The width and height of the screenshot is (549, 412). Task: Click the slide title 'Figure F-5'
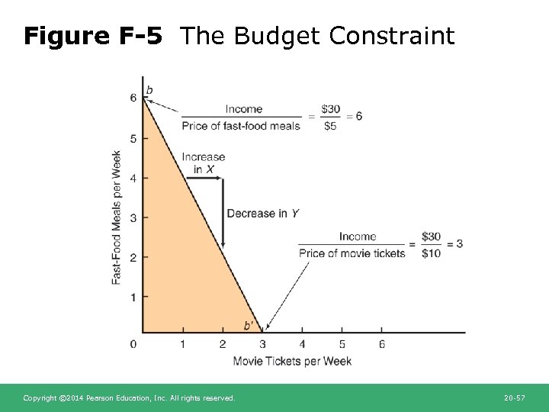coord(93,36)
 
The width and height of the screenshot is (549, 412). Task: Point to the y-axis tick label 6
coord(133,98)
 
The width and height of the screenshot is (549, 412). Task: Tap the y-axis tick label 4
coord(133,178)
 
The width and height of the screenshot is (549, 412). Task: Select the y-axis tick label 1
coord(133,297)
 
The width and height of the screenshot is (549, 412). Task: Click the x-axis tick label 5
coord(342,344)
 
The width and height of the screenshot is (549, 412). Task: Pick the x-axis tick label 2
coord(223,344)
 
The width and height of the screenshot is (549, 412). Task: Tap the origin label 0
coord(133,344)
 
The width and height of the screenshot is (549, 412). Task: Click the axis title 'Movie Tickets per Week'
coord(292,361)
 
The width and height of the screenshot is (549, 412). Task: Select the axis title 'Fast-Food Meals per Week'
coord(117,217)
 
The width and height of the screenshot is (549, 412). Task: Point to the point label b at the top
coord(149,91)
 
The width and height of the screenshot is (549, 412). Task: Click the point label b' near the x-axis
coord(248,326)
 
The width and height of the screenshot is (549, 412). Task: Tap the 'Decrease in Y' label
coord(262,214)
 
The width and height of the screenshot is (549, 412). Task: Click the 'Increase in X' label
coord(203,163)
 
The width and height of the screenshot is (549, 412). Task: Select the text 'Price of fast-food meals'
coord(241,126)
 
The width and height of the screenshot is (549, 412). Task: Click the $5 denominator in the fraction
coord(329,126)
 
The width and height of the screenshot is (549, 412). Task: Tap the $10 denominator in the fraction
coord(431,253)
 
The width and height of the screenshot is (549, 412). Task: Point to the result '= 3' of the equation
coord(455,244)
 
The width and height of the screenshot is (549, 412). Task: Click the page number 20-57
coord(515,398)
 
